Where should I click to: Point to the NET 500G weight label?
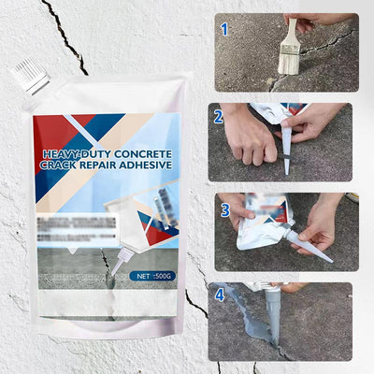[150, 276]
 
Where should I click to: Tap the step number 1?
[223, 29]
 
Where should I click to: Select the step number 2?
[218, 117]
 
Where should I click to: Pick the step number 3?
[224, 209]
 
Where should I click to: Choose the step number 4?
[219, 295]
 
